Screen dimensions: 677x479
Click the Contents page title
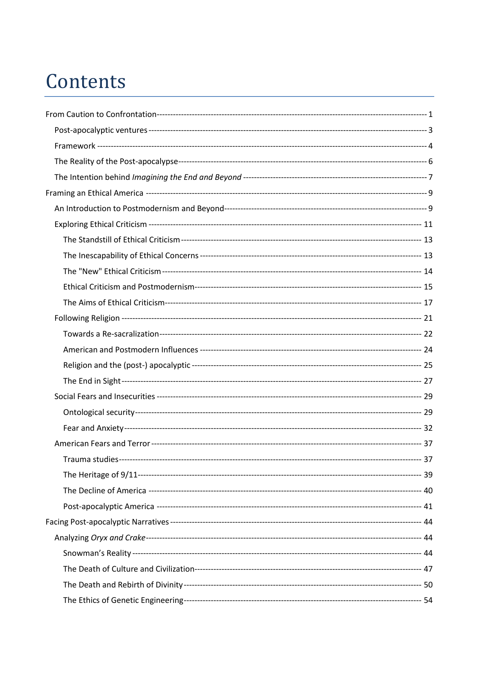(86, 81)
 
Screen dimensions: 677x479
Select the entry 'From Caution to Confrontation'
(101, 114)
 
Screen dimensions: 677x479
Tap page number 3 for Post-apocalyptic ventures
(430, 130)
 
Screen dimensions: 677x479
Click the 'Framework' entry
(75, 146)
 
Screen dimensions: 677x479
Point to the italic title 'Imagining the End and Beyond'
(187, 177)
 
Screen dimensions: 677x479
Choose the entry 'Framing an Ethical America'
(94, 193)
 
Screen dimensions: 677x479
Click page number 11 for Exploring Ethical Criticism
(428, 224)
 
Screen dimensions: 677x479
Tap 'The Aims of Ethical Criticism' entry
(114, 303)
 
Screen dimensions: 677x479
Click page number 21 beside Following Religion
(428, 318)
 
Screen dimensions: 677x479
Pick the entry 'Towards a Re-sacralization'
(111, 334)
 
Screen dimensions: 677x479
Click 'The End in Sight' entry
(92, 381)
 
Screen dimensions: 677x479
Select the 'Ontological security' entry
(99, 412)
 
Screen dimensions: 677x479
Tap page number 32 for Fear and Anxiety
(428, 428)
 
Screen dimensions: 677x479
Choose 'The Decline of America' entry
(105, 491)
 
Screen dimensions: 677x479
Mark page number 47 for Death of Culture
(428, 569)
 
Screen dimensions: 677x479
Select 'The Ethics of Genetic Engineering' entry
(123, 600)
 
